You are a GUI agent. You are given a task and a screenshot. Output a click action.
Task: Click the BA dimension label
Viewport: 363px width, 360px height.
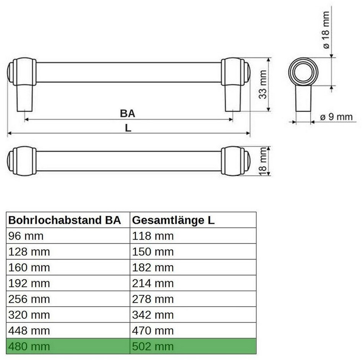(x=127, y=114)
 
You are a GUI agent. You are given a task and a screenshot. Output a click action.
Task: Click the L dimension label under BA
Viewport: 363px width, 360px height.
(x=128, y=128)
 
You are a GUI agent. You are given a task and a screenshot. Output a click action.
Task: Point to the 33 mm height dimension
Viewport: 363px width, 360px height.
(x=263, y=85)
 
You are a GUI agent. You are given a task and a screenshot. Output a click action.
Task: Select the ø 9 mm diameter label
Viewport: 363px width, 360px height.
(x=336, y=117)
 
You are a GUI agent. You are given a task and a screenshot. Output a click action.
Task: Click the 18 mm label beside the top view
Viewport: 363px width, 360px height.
(x=263, y=161)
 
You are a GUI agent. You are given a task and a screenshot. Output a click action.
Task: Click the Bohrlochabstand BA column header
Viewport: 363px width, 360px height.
(x=65, y=220)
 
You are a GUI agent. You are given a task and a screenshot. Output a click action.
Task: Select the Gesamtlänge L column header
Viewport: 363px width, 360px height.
(x=173, y=220)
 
